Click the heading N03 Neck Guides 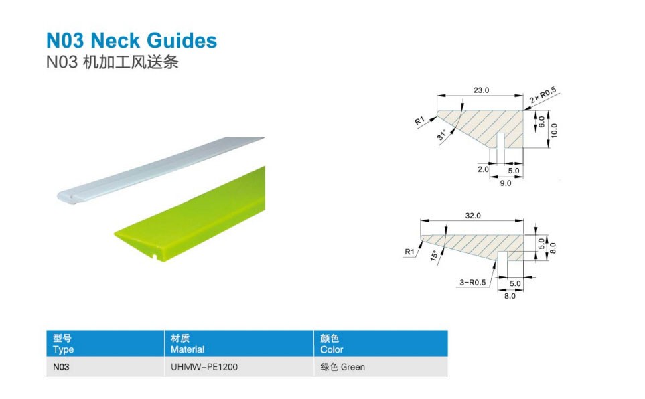tap(131, 40)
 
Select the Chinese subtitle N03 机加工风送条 tap(113, 63)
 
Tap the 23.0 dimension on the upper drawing tap(482, 90)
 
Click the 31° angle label tap(442, 137)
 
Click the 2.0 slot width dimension tap(483, 169)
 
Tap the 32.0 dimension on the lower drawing tap(474, 216)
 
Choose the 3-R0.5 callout tap(472, 283)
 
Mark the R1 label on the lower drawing tap(411, 252)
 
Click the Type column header tap(64, 344)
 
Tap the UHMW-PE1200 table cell tap(201, 367)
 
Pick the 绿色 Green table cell tap(343, 367)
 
